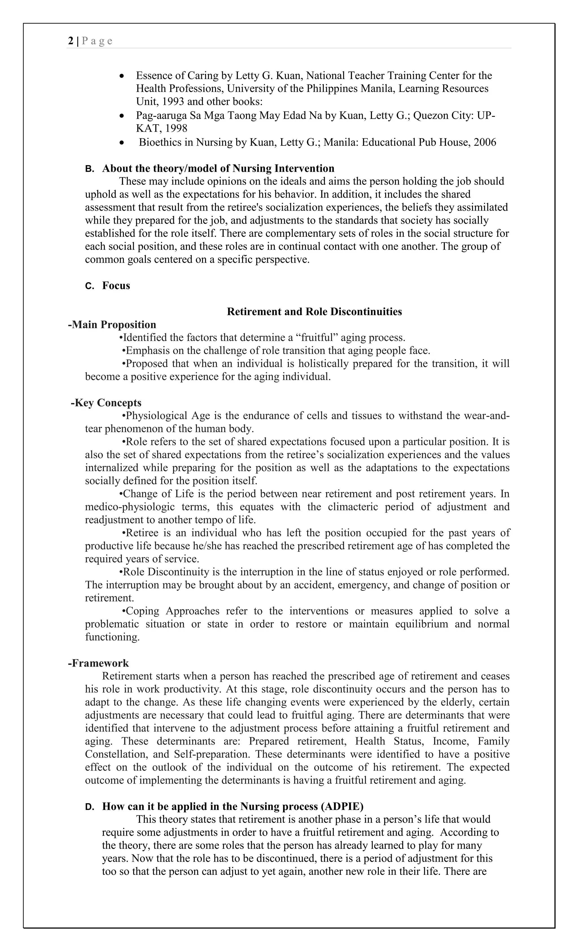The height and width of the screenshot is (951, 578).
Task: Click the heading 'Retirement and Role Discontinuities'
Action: click(314, 312)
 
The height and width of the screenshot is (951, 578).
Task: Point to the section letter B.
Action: click(89, 169)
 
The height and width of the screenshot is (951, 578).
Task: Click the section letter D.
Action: click(89, 807)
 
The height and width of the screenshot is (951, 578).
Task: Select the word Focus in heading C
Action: click(116, 286)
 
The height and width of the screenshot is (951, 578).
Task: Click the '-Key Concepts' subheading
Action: click(106, 403)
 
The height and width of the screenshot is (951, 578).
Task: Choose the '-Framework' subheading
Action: click(98, 663)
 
